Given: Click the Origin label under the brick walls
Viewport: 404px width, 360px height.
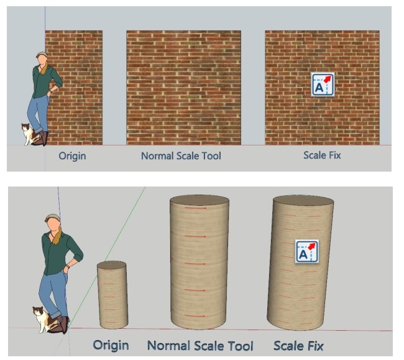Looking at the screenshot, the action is [72, 156].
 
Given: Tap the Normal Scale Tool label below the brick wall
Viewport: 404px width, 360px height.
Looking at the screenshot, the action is [181, 156].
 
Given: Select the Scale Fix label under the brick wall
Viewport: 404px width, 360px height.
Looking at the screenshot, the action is [322, 155].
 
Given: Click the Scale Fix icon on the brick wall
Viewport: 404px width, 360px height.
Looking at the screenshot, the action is [323, 85].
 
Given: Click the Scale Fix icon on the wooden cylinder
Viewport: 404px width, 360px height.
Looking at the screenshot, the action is [307, 251].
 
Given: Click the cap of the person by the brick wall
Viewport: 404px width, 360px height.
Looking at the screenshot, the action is [42, 55].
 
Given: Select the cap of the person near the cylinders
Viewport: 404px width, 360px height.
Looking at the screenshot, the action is [53, 218].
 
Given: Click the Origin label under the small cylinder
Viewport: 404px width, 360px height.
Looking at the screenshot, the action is [111, 346].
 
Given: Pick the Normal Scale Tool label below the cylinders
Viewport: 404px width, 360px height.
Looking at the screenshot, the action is [200, 346].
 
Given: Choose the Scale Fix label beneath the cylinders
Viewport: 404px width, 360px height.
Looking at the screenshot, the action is [298, 346].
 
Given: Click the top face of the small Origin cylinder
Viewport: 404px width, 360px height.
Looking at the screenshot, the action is [111, 265].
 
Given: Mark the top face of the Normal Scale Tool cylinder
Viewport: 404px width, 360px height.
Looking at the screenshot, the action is [200, 200].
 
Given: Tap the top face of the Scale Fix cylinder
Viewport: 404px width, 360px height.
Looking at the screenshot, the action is [303, 200].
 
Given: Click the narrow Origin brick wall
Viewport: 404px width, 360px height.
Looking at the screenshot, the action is [74, 88].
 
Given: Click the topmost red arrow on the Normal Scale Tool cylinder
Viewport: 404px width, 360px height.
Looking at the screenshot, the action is [195, 208].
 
